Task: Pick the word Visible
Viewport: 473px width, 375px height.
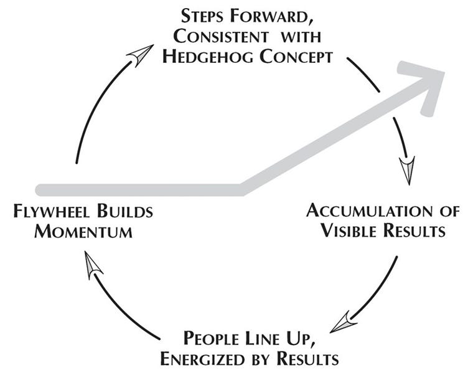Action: pos(349,231)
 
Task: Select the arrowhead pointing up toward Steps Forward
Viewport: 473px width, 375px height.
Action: pos(141,54)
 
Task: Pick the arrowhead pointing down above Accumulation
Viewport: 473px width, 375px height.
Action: pos(407,169)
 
